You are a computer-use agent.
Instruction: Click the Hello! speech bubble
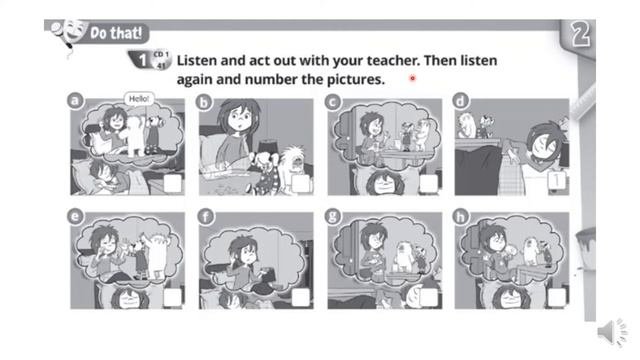pyautogui.click(x=139, y=99)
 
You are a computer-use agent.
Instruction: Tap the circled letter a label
pyautogui.click(x=75, y=101)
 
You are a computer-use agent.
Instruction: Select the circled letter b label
pyautogui.click(x=204, y=102)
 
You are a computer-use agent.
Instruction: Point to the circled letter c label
pyautogui.click(x=333, y=102)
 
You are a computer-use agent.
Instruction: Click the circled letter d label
pyautogui.click(x=460, y=101)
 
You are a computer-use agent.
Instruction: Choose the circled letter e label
pyautogui.click(x=75, y=216)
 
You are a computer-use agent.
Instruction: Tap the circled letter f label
pyautogui.click(x=205, y=216)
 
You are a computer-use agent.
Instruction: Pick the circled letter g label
pyautogui.click(x=333, y=216)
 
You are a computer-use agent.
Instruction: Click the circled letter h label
pyautogui.click(x=461, y=216)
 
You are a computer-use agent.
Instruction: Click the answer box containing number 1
pyautogui.click(x=556, y=180)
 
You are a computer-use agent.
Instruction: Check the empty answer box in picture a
pyautogui.click(x=173, y=184)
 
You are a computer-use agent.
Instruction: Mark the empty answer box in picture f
pyautogui.click(x=301, y=298)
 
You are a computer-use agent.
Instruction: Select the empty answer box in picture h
pyautogui.click(x=556, y=298)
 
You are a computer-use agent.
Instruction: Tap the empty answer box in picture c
pyautogui.click(x=429, y=184)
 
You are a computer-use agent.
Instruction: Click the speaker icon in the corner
pyautogui.click(x=612, y=332)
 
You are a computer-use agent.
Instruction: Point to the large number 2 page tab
pyautogui.click(x=580, y=34)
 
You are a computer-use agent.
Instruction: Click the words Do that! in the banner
pyautogui.click(x=116, y=33)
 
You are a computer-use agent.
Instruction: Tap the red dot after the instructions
pyautogui.click(x=413, y=78)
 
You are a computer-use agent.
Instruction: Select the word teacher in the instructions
pyautogui.click(x=393, y=61)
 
